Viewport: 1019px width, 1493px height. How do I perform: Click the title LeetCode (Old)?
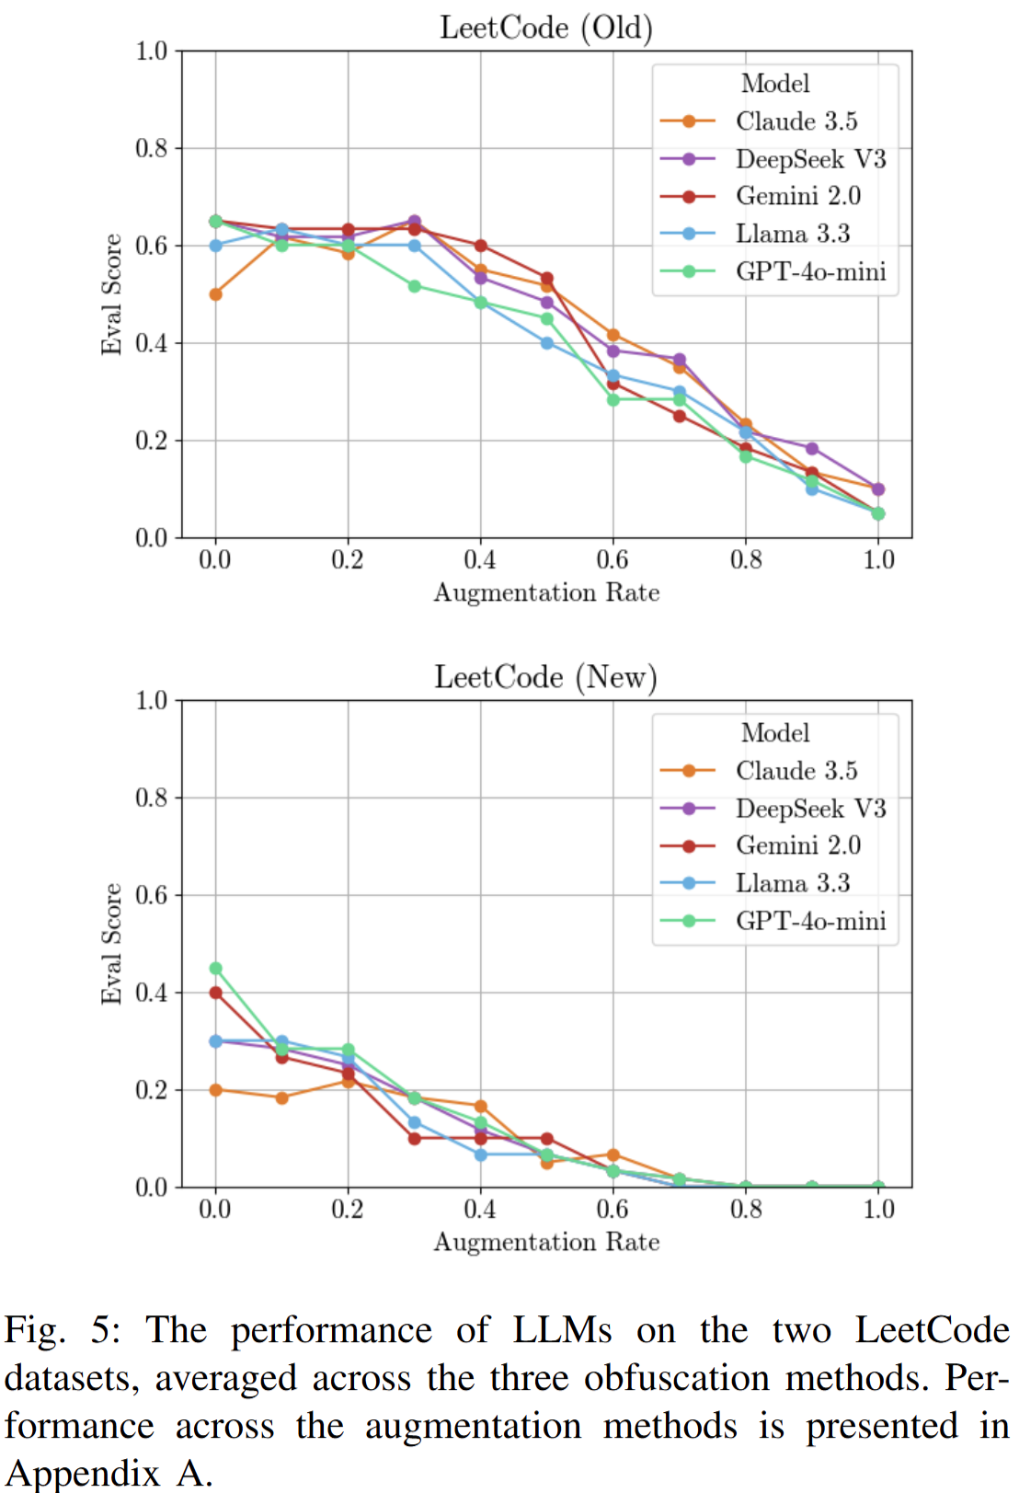coord(546,28)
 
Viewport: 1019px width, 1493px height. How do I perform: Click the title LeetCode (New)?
coord(545,677)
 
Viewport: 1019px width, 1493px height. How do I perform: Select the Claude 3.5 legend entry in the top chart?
coord(796,121)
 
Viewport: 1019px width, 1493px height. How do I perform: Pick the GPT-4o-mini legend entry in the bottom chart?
coord(810,921)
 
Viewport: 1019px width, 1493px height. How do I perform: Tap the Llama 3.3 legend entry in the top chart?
coord(792,234)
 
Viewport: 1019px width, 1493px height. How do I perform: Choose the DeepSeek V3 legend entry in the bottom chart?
coord(810,809)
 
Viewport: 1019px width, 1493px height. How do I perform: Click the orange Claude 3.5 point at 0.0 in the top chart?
coord(215,294)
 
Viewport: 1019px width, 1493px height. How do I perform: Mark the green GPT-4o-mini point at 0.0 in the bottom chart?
coord(215,968)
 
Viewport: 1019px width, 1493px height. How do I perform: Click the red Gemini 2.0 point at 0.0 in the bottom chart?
coord(215,993)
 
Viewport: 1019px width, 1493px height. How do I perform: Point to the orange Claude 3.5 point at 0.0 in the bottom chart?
coord(215,1090)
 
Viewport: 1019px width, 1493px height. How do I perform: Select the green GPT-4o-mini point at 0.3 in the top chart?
coord(414,286)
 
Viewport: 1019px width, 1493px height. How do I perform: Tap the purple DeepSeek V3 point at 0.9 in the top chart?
coord(812,449)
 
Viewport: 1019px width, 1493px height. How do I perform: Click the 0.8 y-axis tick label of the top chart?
coord(152,148)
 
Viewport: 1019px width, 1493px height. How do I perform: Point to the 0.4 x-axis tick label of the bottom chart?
coord(480,1209)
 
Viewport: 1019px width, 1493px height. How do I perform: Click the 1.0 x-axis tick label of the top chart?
coord(878,559)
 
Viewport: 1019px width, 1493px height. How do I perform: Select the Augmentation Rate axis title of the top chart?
coord(546,592)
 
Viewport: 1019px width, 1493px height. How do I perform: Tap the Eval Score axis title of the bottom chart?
coord(111,944)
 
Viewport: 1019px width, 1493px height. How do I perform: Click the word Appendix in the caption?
coord(83,1473)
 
